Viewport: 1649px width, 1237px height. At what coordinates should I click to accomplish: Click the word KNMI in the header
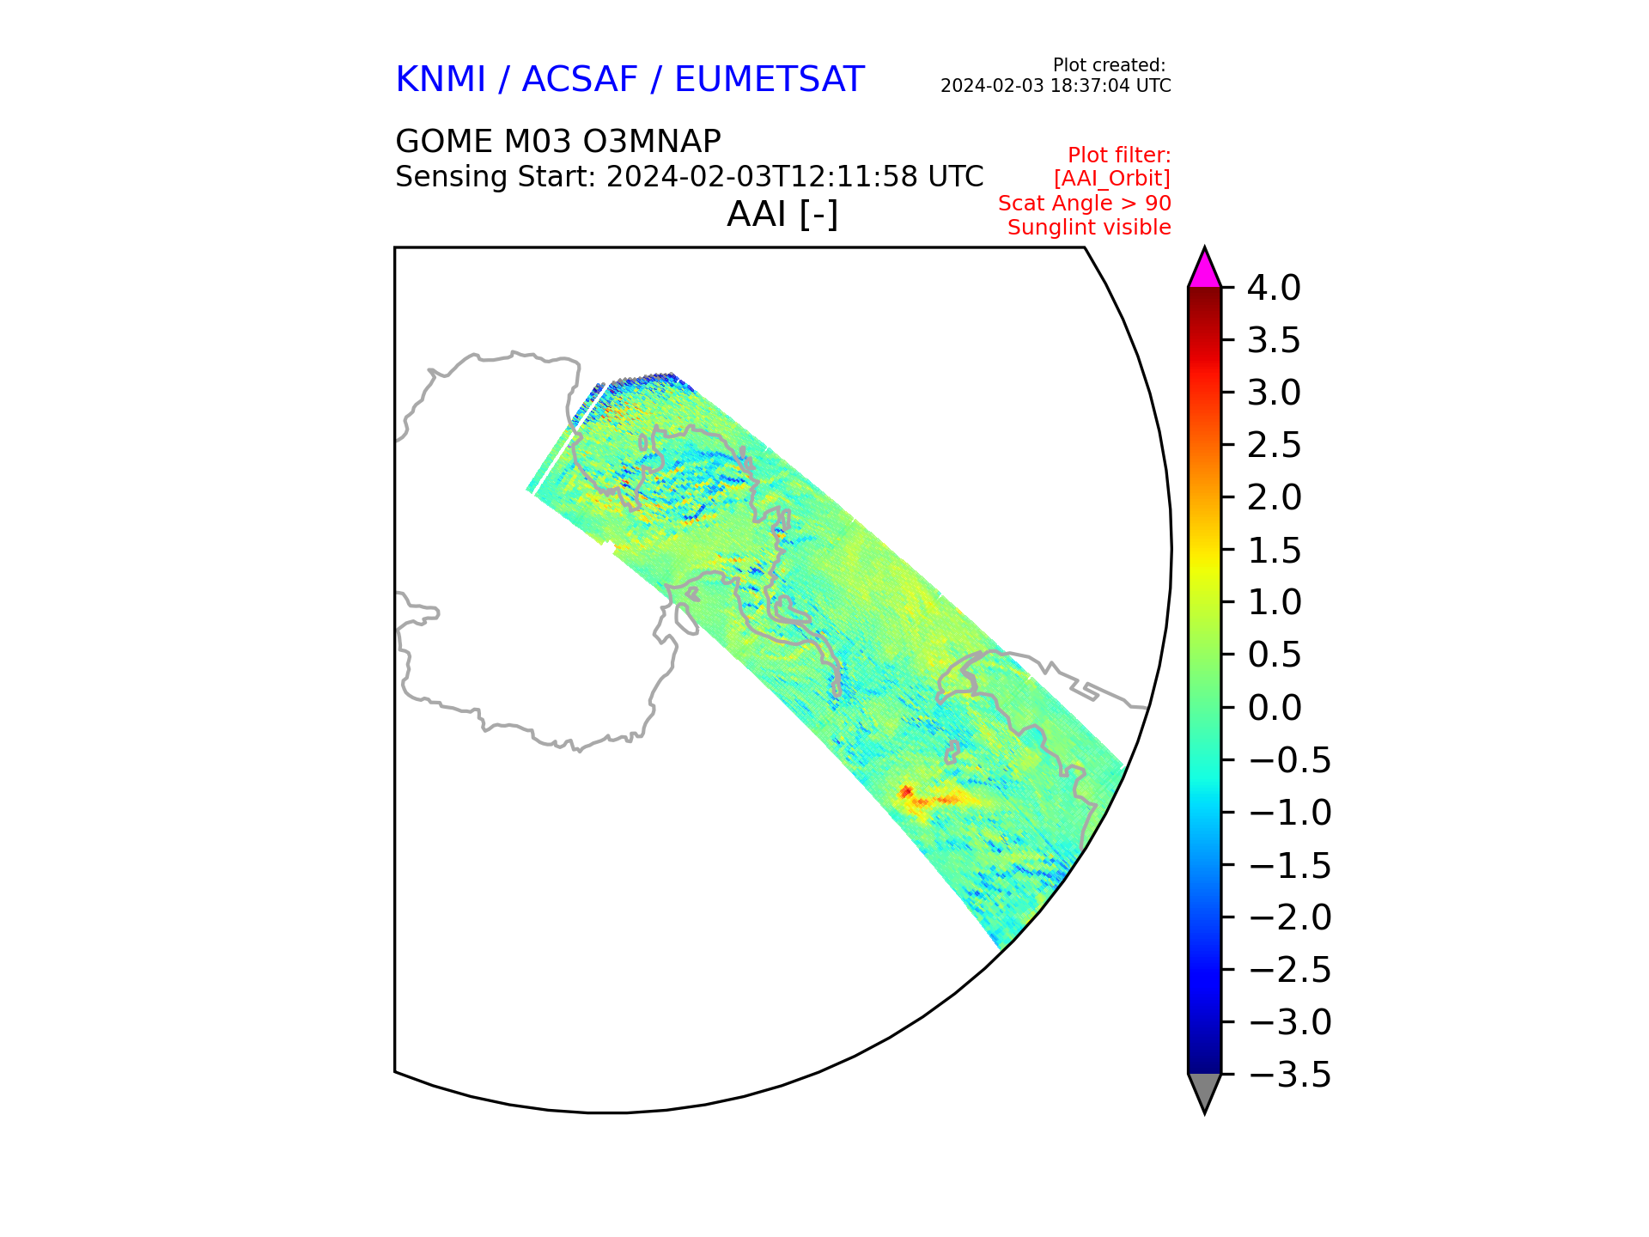[x=441, y=80]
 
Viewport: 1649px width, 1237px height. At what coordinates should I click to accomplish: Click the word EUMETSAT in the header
[x=769, y=80]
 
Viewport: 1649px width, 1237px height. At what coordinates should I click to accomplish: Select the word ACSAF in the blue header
[x=580, y=80]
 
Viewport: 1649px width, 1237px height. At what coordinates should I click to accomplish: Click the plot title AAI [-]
[x=782, y=214]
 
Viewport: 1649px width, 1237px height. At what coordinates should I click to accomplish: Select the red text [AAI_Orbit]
[x=1111, y=179]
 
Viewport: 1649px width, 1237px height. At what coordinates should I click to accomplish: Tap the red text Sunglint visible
[x=1088, y=228]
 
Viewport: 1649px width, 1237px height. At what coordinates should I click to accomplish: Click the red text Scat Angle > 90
[x=1084, y=204]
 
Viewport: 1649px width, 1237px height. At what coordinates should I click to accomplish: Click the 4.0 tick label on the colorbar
[x=1273, y=289]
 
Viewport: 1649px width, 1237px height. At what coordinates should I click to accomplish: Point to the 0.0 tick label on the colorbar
[x=1273, y=708]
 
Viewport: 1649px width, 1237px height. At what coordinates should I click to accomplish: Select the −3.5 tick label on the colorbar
[x=1288, y=1075]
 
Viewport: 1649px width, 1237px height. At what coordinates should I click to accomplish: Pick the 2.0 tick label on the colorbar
[x=1273, y=498]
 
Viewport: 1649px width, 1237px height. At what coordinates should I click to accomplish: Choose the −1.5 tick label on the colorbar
[x=1288, y=865]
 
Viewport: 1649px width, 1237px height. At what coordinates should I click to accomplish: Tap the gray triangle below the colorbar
[x=1204, y=1090]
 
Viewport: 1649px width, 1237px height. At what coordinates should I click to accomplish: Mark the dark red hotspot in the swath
[x=905, y=791]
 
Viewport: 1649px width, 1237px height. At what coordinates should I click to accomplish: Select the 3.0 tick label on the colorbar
[x=1273, y=393]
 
